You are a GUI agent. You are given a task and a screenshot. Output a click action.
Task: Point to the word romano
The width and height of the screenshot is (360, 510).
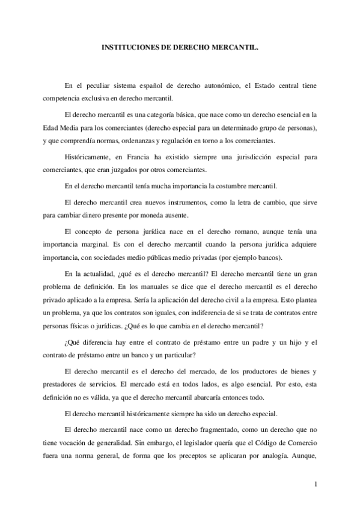click(238, 232)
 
